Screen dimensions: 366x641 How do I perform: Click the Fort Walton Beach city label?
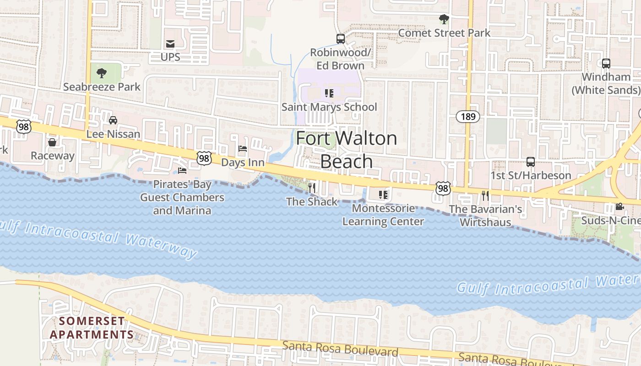coord(346,150)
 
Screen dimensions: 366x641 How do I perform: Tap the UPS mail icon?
coord(170,44)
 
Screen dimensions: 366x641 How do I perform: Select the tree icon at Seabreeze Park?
coord(102,73)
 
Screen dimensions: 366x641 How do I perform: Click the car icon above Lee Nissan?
coord(113,120)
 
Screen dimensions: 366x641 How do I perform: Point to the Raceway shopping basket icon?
coord(52,142)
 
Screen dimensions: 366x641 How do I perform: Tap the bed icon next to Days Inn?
coord(243,149)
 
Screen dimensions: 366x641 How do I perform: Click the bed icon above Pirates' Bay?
coord(182,171)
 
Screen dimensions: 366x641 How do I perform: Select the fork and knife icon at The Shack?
coord(312,188)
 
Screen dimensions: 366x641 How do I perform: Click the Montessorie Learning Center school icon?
coord(383,195)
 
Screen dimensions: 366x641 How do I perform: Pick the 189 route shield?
coord(468,117)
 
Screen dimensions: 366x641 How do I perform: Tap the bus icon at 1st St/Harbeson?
coord(530,162)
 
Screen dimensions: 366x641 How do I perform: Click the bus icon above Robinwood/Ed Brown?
coord(341,39)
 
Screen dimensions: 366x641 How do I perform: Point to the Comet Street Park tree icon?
coord(444,19)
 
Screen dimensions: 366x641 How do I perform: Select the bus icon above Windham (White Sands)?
coord(606,64)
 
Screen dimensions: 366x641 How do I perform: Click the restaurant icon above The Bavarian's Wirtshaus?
coord(485,196)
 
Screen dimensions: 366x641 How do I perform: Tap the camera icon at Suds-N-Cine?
coord(619,207)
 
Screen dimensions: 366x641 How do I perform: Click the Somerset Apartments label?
coord(92,328)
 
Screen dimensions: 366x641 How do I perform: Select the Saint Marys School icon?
coord(329,93)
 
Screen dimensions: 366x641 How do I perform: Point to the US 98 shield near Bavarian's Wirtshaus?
coord(443,188)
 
